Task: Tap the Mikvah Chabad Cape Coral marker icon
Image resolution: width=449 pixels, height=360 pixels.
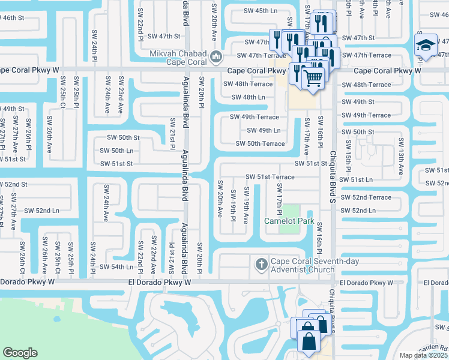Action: [x=217, y=58]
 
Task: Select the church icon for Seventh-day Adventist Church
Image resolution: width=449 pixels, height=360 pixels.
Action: [x=261, y=264]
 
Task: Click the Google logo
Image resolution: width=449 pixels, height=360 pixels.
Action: [x=20, y=353]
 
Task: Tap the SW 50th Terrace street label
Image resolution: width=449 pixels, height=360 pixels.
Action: [x=260, y=143]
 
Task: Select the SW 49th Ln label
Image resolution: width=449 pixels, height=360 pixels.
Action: [x=264, y=130]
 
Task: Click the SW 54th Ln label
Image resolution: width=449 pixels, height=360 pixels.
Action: [x=116, y=266]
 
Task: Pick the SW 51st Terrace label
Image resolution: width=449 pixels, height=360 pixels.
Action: [x=270, y=177]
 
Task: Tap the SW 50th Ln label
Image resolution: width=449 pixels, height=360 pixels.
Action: [x=116, y=151]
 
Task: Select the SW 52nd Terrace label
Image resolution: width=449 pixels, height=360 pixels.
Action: [x=366, y=197]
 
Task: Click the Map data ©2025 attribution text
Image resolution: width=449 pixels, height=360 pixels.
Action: [x=423, y=355]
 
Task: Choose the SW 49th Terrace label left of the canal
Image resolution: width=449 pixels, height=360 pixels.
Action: [x=255, y=117]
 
